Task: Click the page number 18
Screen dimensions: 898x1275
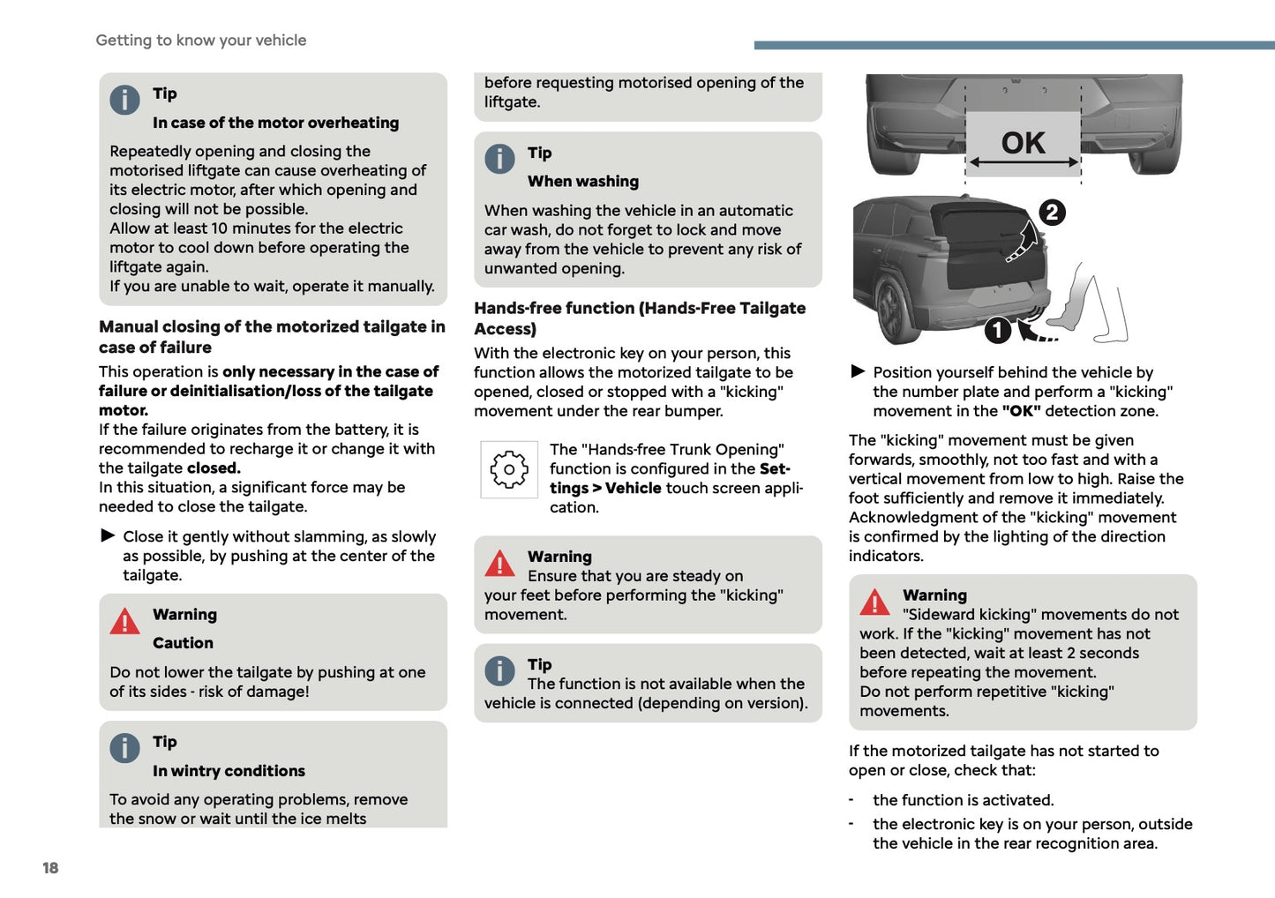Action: pos(50,868)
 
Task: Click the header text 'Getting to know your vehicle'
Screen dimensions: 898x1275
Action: pos(201,41)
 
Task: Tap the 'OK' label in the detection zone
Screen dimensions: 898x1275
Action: pos(1023,143)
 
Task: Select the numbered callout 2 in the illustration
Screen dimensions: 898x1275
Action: pos(1052,213)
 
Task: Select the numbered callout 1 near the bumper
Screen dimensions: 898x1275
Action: pos(997,330)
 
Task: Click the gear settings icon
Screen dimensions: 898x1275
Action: pos(509,470)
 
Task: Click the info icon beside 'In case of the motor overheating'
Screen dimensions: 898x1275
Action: pos(124,100)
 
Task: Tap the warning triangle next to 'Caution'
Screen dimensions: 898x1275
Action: pos(124,622)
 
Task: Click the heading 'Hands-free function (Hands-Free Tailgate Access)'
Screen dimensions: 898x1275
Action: pos(639,318)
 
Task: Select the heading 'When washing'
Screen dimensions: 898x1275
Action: pos(583,182)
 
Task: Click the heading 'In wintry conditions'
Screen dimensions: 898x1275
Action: pos(229,771)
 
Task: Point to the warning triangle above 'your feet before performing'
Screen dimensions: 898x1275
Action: pos(499,563)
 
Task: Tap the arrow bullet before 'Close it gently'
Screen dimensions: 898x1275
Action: pos(108,535)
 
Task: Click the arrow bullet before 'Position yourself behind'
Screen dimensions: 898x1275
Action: pos(858,371)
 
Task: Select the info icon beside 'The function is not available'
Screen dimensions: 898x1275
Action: pos(499,671)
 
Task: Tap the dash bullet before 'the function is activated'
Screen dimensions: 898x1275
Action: pos(851,800)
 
